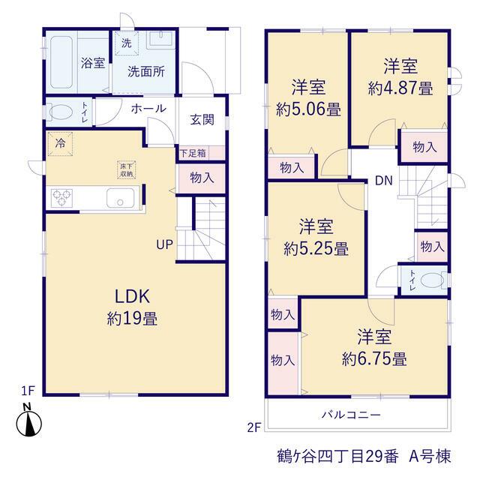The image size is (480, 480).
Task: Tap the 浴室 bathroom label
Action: coord(93,63)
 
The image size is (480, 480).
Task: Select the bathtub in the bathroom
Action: coord(61,62)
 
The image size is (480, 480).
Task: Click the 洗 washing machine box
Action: coord(127,43)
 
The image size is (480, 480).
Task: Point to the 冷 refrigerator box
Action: coord(60,144)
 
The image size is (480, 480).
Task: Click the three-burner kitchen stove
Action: coord(62,198)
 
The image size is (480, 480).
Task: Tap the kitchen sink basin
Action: coord(120,198)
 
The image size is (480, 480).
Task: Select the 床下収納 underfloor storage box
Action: coord(127,170)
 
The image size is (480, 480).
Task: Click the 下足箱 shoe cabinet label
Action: coord(193,153)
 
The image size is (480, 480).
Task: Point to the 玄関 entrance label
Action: coord(202,119)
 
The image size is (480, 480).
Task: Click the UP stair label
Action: coord(165,244)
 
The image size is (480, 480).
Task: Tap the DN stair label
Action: coord(384,181)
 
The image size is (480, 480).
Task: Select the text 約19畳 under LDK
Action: coord(132,318)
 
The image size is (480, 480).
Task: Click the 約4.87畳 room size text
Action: coord(400,88)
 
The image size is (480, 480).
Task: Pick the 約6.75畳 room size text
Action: coord(374,358)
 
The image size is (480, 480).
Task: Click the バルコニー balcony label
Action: coord(352,415)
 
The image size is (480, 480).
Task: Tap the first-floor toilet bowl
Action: coord(60,112)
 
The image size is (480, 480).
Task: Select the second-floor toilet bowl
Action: coord(433,280)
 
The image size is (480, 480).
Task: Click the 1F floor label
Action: coord(28,391)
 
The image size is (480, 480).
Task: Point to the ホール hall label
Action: coord(148,108)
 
